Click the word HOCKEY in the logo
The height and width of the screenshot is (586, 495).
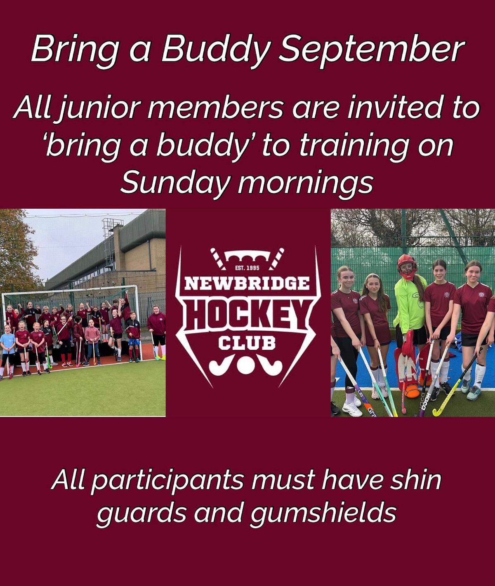coord(247,315)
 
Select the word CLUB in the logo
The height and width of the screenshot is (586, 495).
coord(247,344)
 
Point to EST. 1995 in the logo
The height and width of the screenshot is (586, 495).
coord(247,268)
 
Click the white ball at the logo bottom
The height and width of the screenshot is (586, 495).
coord(247,366)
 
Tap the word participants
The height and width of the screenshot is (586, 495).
coord(167,483)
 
